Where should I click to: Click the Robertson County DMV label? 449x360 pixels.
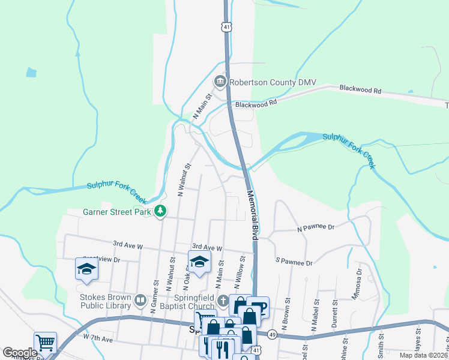pos(273,82)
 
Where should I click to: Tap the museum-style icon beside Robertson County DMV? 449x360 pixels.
pos(220,82)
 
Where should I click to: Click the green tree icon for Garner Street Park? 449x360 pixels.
pos(160,211)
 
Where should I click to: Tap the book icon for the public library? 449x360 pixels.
pos(140,300)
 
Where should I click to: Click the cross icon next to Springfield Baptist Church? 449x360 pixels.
pos(223,301)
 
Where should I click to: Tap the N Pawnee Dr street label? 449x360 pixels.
pos(315,227)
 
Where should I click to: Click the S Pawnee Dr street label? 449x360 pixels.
pos(294,263)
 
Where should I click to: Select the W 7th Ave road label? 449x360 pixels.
pos(98,339)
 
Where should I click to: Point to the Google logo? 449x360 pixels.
pos(20,352)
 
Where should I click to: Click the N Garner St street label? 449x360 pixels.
pos(155,292)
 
